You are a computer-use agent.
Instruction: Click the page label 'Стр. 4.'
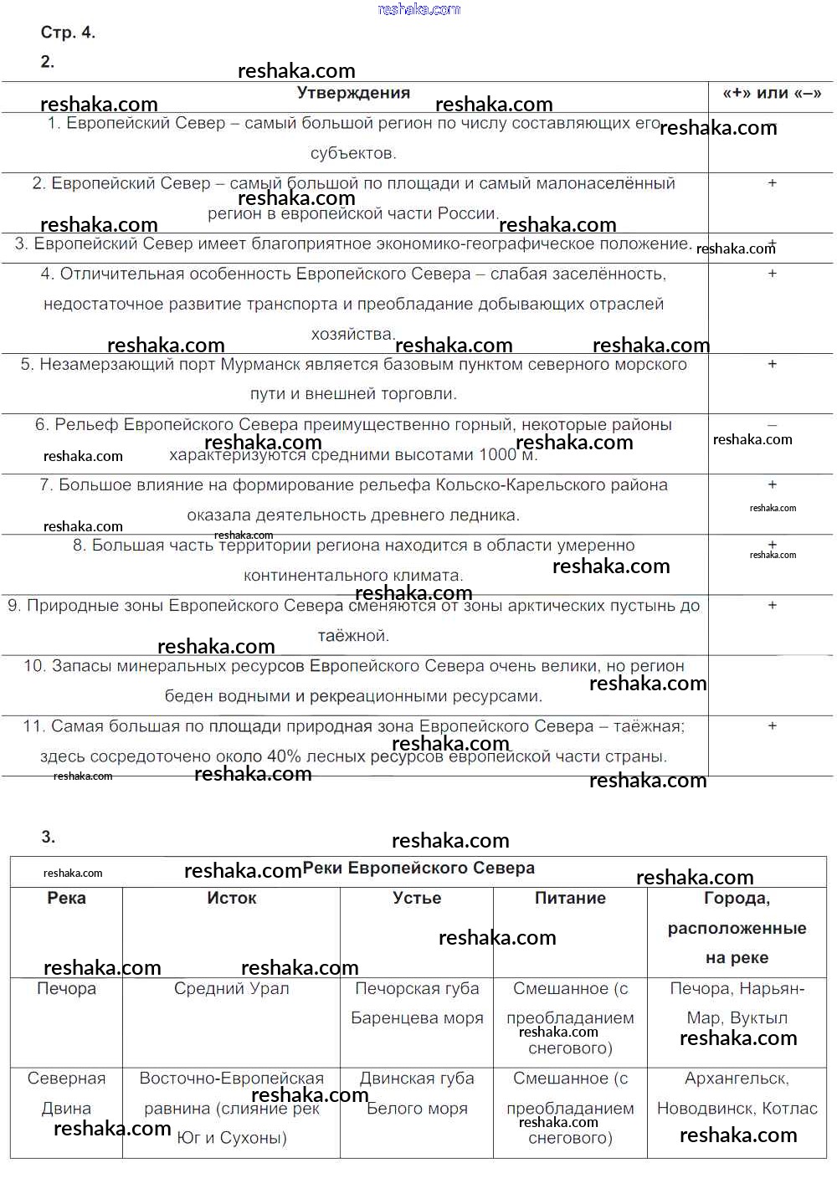(68, 33)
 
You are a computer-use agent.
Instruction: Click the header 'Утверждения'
(353, 93)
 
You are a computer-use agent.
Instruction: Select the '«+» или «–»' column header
(772, 93)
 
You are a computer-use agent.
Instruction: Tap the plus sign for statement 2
(772, 183)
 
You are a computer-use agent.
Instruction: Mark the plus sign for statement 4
(772, 274)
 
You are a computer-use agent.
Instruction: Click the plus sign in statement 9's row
(772, 605)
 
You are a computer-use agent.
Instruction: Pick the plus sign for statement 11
(772, 725)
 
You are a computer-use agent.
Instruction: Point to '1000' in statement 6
(497, 454)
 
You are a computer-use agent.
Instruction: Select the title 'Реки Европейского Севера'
(418, 868)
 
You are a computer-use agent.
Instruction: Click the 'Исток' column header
(232, 898)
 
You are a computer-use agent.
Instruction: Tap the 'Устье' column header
(417, 898)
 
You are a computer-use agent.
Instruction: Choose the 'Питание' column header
(570, 898)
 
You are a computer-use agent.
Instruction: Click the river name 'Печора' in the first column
(66, 988)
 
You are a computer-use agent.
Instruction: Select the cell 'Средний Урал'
(232, 988)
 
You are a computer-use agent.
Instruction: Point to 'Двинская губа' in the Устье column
(417, 1079)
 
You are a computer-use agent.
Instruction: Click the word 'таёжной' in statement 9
(352, 636)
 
